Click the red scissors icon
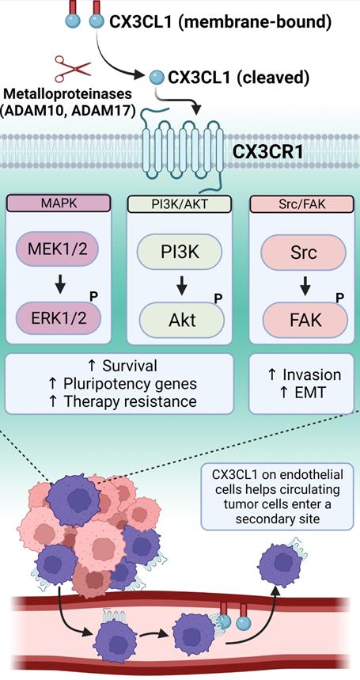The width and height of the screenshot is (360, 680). [67, 68]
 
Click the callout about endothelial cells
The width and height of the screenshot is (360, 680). [278, 497]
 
